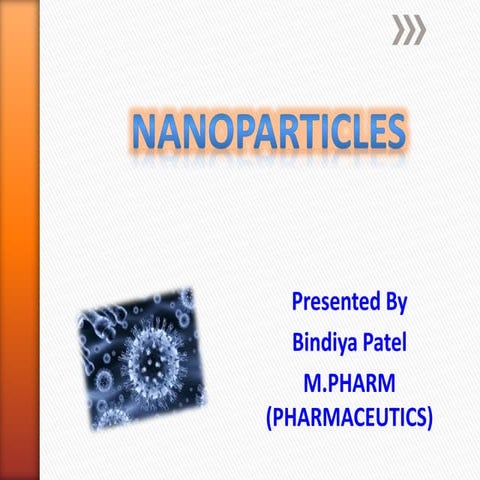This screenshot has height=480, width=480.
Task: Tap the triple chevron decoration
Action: tap(408, 31)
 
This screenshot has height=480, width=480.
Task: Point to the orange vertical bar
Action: tap(19, 240)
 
